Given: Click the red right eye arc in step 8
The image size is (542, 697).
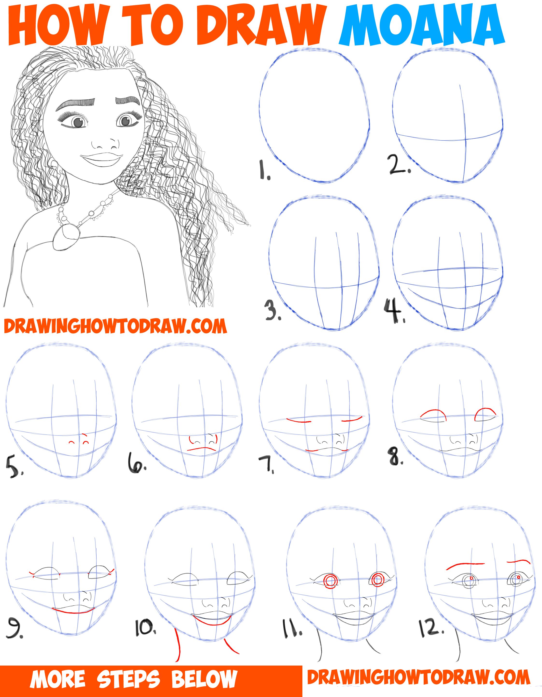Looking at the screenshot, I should coord(485,414).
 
